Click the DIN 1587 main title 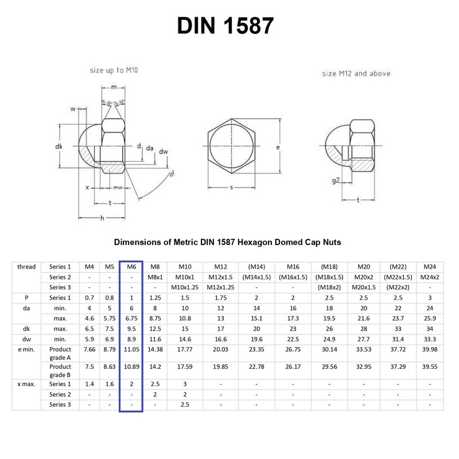pos(229,25)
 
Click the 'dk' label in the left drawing pos(59,147)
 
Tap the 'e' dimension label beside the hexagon pos(278,147)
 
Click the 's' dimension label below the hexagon pos(232,187)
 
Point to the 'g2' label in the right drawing pos(336,180)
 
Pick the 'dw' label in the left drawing pos(164,151)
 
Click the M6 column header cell pos(131,266)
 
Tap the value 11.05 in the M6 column pos(131,349)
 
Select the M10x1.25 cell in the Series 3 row pos(185,287)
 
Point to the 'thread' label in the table pos(26,266)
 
